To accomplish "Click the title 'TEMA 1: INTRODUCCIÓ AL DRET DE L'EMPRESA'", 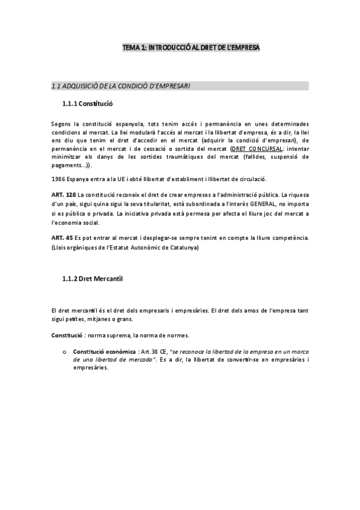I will [x=191, y=46].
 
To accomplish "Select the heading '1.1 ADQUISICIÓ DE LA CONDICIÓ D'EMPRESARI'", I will [x=121, y=86].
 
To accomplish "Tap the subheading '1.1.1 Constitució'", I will [x=87, y=104].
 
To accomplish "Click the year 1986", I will [x=59, y=179].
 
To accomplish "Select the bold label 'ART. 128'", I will [x=63, y=195].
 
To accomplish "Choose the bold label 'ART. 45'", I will [x=61, y=238].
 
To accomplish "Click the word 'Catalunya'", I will [x=183, y=247].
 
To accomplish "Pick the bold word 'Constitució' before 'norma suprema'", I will [x=66, y=334].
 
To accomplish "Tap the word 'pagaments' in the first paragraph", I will [x=67, y=165].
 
